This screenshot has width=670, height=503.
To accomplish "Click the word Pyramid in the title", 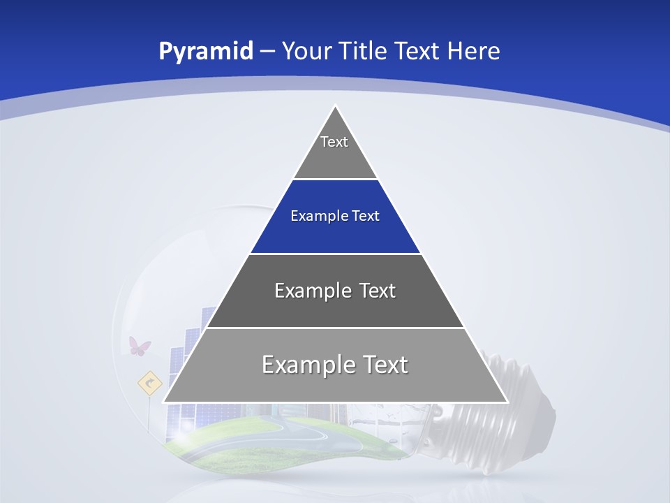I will click(x=205, y=52).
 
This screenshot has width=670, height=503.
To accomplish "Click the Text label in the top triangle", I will click(x=334, y=142).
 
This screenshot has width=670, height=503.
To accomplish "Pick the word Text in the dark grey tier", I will click(x=377, y=291).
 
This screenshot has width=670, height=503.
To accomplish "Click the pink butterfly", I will click(x=140, y=345).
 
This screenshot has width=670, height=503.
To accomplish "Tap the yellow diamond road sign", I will click(x=149, y=383).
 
